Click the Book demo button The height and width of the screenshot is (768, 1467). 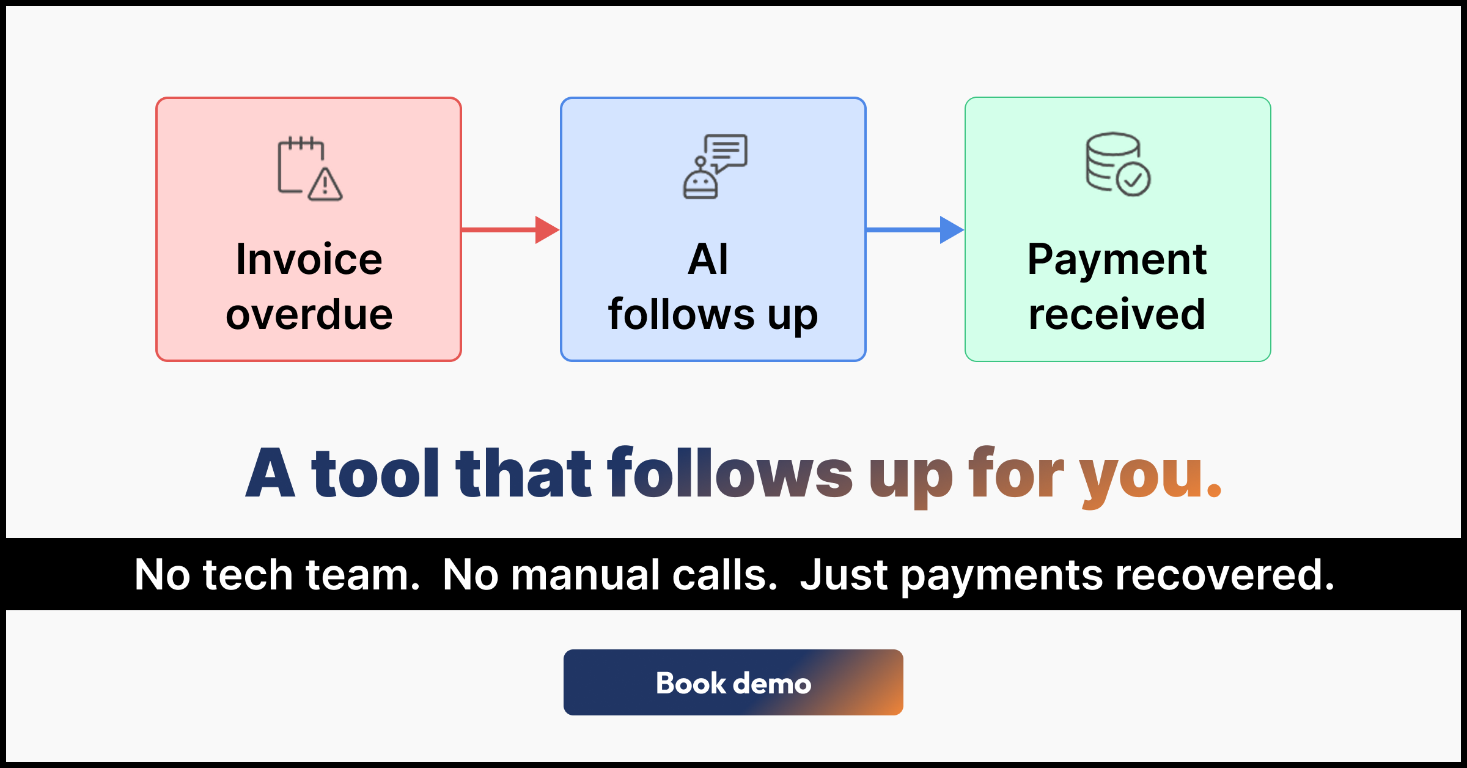tap(733, 682)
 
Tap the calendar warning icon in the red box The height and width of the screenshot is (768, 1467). tap(310, 169)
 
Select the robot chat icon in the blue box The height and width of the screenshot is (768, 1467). tap(715, 166)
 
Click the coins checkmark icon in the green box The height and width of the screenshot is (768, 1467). tap(1118, 164)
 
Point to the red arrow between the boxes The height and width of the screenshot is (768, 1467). tap(510, 230)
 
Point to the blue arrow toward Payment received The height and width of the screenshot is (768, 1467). tap(915, 230)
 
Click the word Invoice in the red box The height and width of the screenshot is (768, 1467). tap(309, 259)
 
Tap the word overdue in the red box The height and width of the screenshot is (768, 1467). tap(309, 314)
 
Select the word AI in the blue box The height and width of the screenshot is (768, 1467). tap(708, 259)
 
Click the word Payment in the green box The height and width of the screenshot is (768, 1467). tap(1117, 260)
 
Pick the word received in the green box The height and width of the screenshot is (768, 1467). tap(1117, 314)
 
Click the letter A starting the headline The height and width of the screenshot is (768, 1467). tap(270, 471)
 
